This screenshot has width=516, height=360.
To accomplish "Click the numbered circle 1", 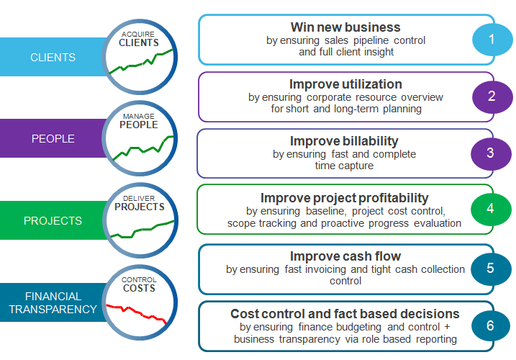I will pyautogui.click(x=492, y=40).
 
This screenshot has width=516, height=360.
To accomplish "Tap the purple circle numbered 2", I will pyautogui.click(x=492, y=96).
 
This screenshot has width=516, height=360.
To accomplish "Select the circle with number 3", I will pyautogui.click(x=491, y=153).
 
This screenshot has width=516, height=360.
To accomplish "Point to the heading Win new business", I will pyautogui.click(x=345, y=28).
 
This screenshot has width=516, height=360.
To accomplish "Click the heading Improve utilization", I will pyautogui.click(x=345, y=84).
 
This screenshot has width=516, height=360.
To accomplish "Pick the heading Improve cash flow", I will pyautogui.click(x=345, y=256).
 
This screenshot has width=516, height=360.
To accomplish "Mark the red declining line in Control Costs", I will pyautogui.click(x=137, y=312).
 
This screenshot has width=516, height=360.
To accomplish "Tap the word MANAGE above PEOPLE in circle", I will pyautogui.click(x=139, y=115).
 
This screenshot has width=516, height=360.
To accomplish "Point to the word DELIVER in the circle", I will pyautogui.click(x=139, y=197).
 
